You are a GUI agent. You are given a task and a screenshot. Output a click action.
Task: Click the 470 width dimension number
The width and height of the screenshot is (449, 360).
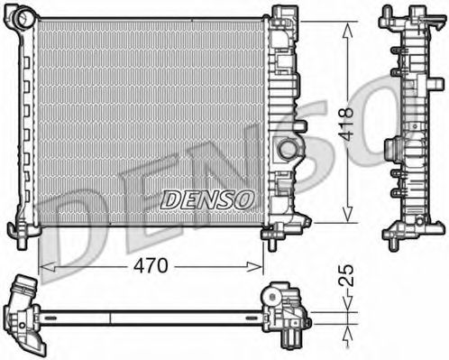151,265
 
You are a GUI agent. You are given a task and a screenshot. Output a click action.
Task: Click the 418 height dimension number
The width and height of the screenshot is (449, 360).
346,125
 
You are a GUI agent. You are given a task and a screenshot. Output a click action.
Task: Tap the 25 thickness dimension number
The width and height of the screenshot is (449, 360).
346,275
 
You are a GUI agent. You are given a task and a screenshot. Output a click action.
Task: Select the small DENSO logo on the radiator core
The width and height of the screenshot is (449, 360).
206,200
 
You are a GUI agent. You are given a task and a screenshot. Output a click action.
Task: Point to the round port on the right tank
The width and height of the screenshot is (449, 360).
286,148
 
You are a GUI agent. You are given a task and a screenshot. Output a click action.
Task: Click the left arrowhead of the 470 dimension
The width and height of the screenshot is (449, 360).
47,266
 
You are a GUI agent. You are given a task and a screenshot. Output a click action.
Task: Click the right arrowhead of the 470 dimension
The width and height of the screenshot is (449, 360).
255,266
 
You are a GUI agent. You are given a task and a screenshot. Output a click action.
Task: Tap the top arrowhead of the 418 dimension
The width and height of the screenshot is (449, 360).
348,31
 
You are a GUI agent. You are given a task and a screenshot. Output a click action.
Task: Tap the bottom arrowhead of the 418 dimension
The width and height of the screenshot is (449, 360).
348,215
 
